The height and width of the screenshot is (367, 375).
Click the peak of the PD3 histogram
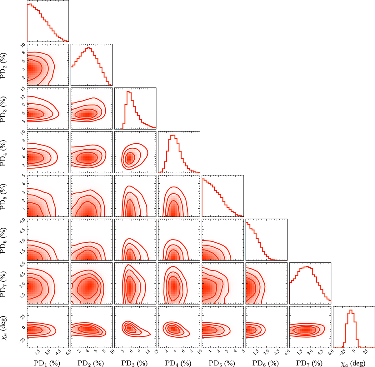128,91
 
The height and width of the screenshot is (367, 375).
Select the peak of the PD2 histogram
88,47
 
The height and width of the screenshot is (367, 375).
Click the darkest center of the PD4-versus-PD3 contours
129,159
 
